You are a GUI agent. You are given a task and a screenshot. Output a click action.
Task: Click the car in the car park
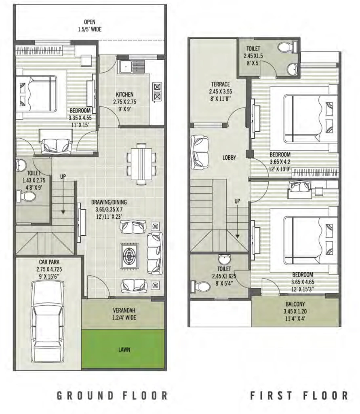[x=48, y=322]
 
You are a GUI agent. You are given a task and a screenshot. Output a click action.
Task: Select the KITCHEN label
[x=124, y=94]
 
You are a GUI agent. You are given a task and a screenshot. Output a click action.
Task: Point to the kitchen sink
[x=125, y=67]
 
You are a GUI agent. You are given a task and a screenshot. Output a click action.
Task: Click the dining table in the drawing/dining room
[x=141, y=164]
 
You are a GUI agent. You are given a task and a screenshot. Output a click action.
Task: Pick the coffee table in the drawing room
[x=129, y=256]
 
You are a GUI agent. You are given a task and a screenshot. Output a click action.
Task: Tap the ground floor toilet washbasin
[x=21, y=165]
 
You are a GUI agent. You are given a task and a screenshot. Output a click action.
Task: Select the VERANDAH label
[x=124, y=310]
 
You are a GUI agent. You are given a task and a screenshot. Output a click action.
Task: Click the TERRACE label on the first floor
[x=220, y=84]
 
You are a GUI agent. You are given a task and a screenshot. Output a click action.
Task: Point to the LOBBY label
[x=229, y=158]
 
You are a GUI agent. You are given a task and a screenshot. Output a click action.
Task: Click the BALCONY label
[x=295, y=304]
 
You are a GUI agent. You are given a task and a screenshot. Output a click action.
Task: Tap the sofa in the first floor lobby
[x=200, y=152]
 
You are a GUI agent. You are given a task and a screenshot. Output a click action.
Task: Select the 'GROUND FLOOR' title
[x=112, y=395]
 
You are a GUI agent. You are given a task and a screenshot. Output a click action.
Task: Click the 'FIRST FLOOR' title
[x=299, y=395]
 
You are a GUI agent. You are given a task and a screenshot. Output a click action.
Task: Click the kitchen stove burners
[x=157, y=92]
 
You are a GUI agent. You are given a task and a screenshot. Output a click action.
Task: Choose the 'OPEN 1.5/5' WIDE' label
[x=90, y=25]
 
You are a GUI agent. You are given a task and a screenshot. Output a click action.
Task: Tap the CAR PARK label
[x=49, y=262]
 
